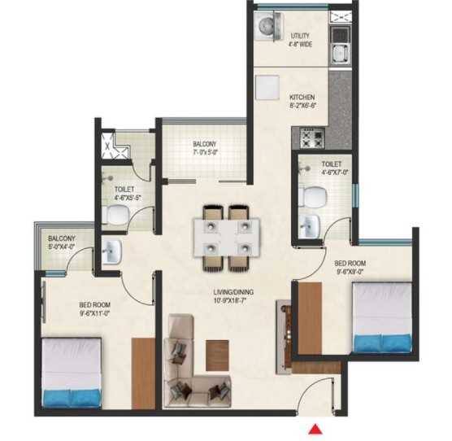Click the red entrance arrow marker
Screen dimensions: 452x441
coord(315,429)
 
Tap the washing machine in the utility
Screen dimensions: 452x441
coord(268,25)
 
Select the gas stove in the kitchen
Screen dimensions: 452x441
coord(312,138)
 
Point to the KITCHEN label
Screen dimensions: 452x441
coord(302,97)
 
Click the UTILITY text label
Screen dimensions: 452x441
coord(300,36)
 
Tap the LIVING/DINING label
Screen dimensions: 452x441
coord(233,292)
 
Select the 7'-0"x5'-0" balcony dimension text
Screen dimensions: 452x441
coord(205,151)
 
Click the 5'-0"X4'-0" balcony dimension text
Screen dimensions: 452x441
coord(62,247)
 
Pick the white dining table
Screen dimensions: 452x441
coord(226,238)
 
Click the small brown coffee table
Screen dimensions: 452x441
coord(217,356)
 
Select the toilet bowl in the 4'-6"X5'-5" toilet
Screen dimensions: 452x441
coord(116,214)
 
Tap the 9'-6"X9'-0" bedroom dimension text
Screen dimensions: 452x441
coord(350,271)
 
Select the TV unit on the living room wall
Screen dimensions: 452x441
coord(284,337)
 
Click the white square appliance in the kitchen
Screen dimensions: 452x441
coord(267,88)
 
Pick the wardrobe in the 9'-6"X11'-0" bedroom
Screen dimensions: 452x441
coord(144,373)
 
